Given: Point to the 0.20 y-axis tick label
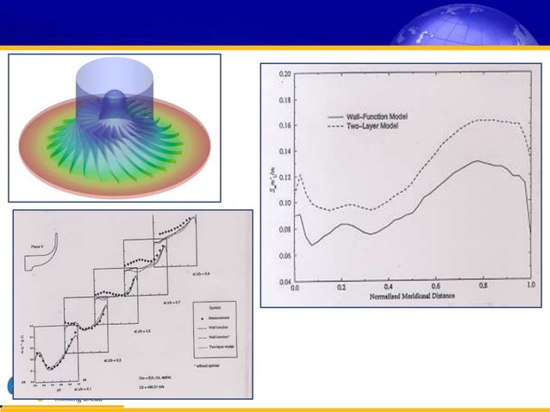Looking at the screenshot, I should tap(284, 75).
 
